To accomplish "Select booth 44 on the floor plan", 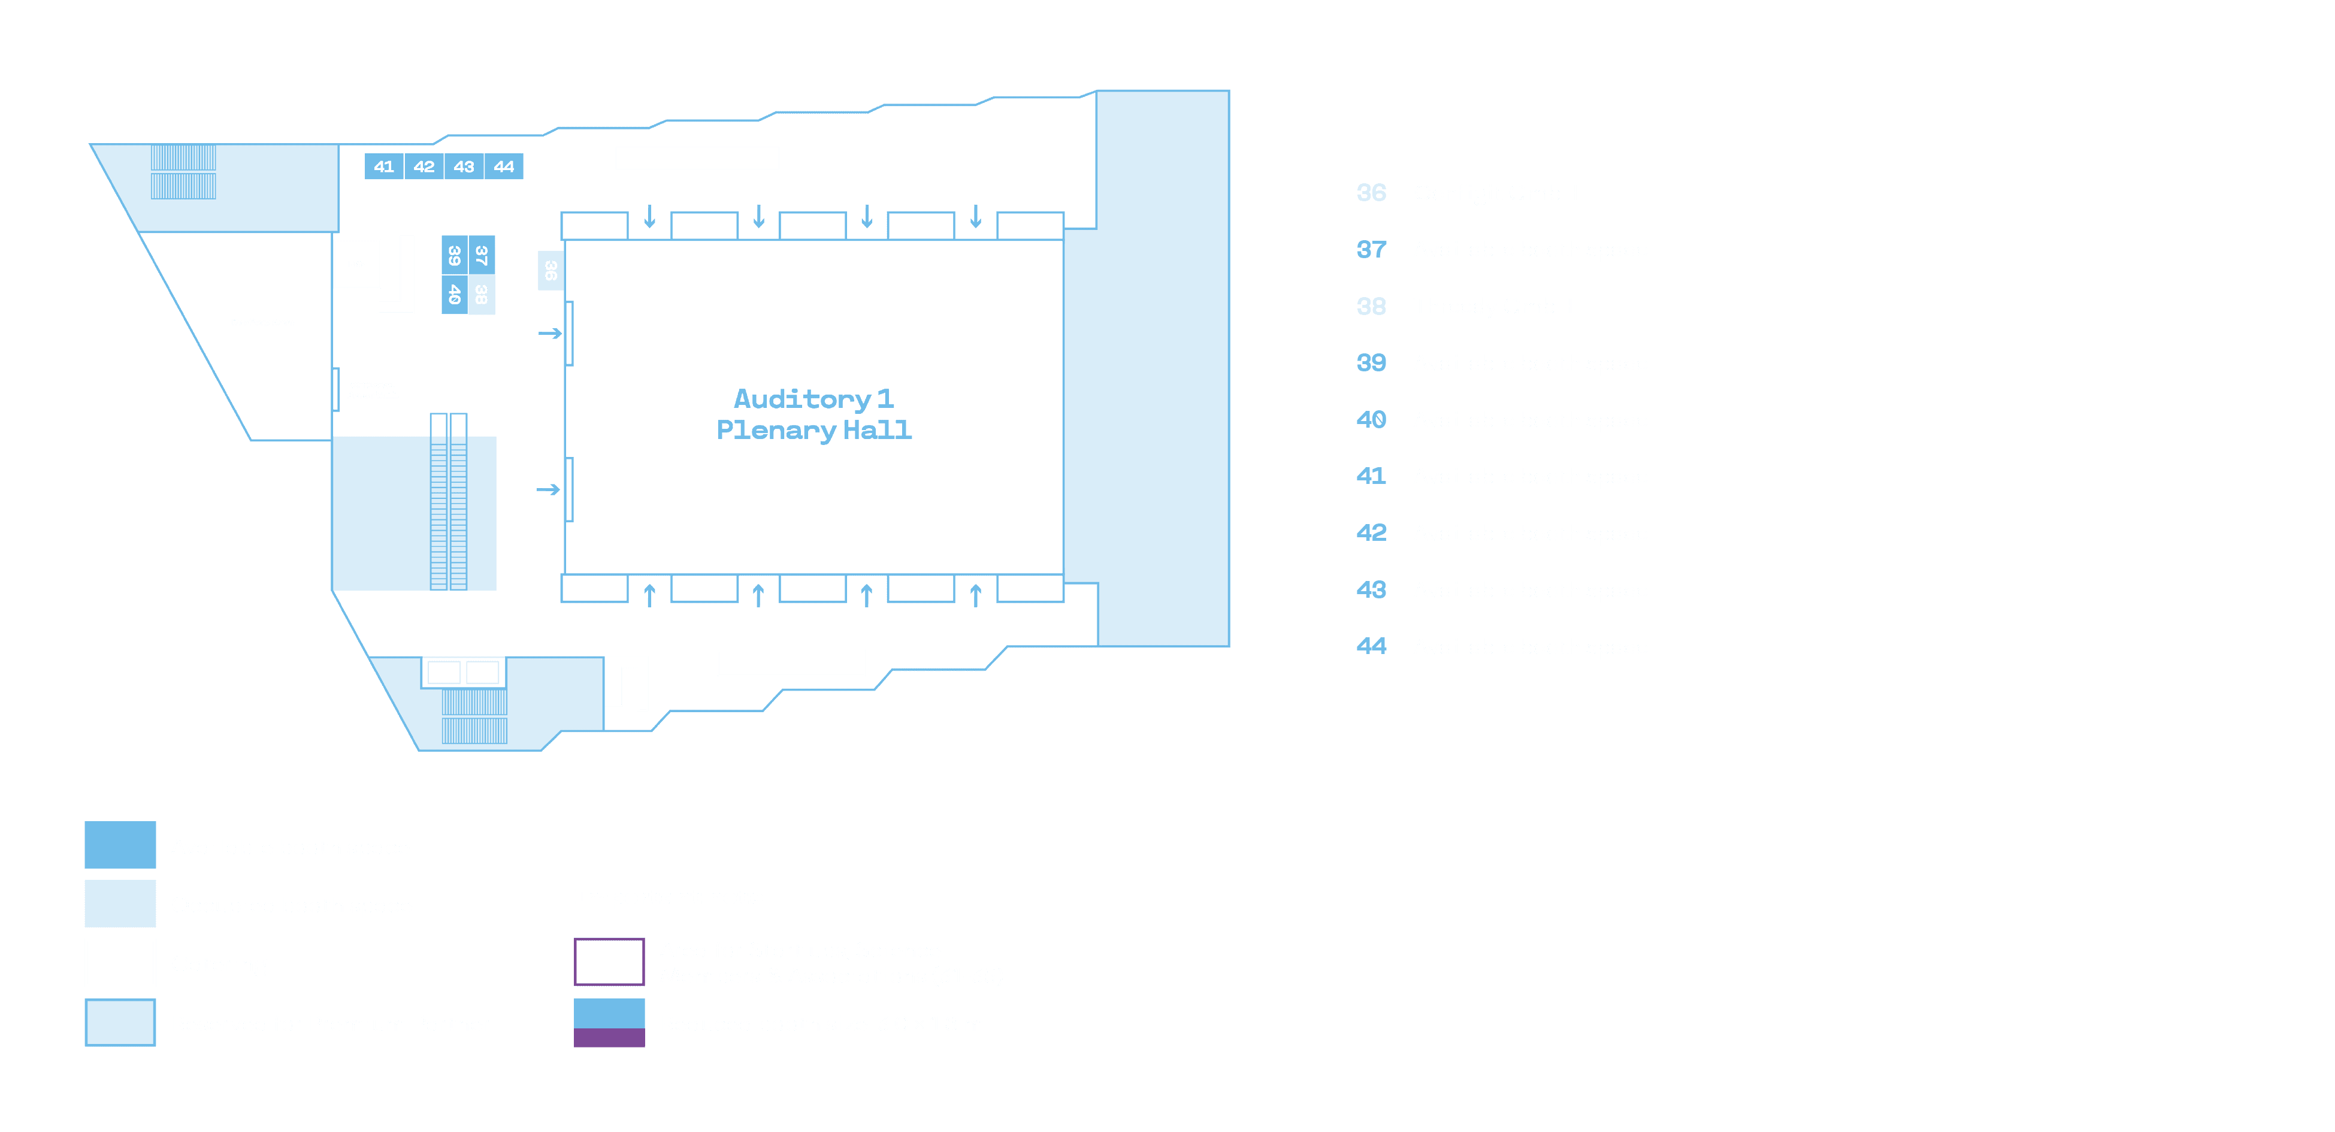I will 504,167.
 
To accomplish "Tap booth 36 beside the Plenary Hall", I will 551,270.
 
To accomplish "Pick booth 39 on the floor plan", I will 454,256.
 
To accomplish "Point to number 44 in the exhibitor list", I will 1371,646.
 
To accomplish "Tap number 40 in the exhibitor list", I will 1371,420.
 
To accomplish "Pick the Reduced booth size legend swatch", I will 609,1022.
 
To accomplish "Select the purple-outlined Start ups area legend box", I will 609,962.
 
